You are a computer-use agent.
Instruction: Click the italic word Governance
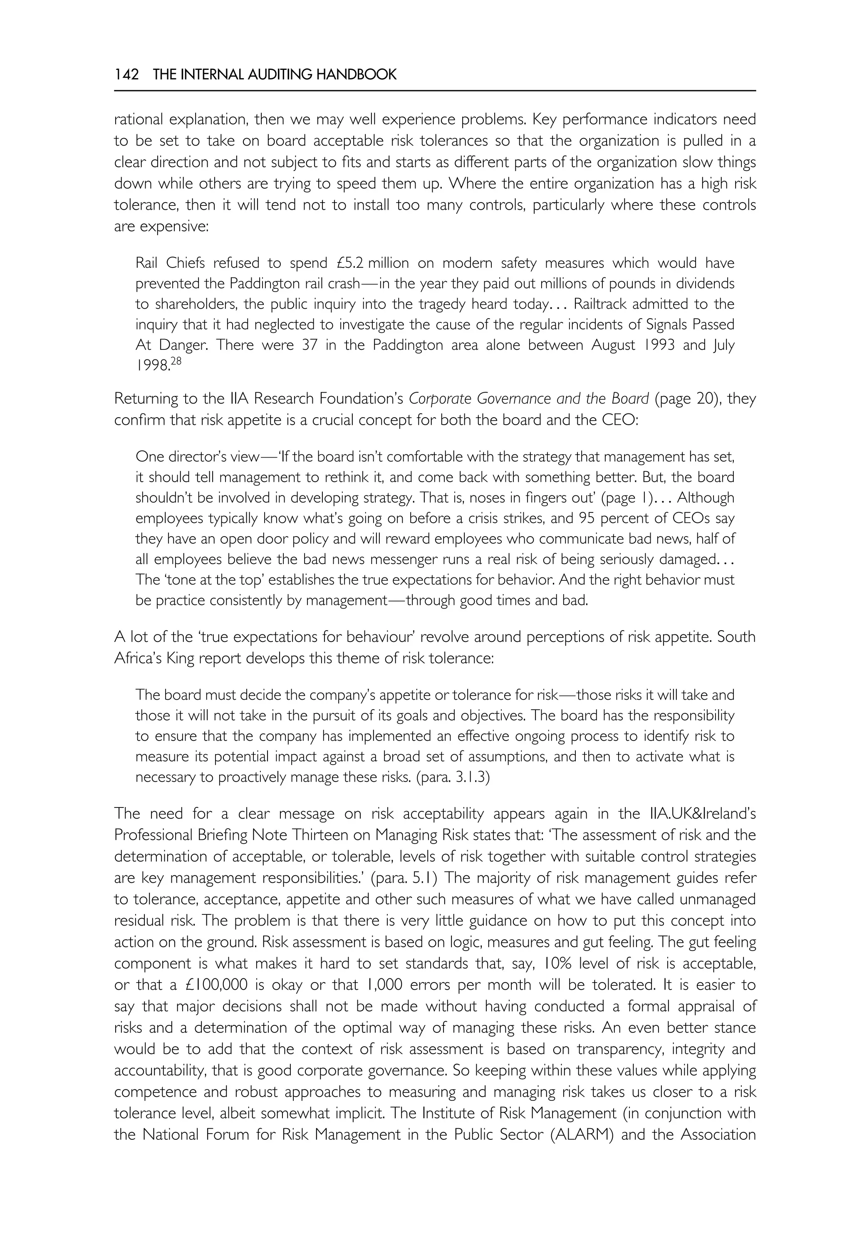(515, 399)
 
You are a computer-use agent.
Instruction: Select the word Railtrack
(607, 304)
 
